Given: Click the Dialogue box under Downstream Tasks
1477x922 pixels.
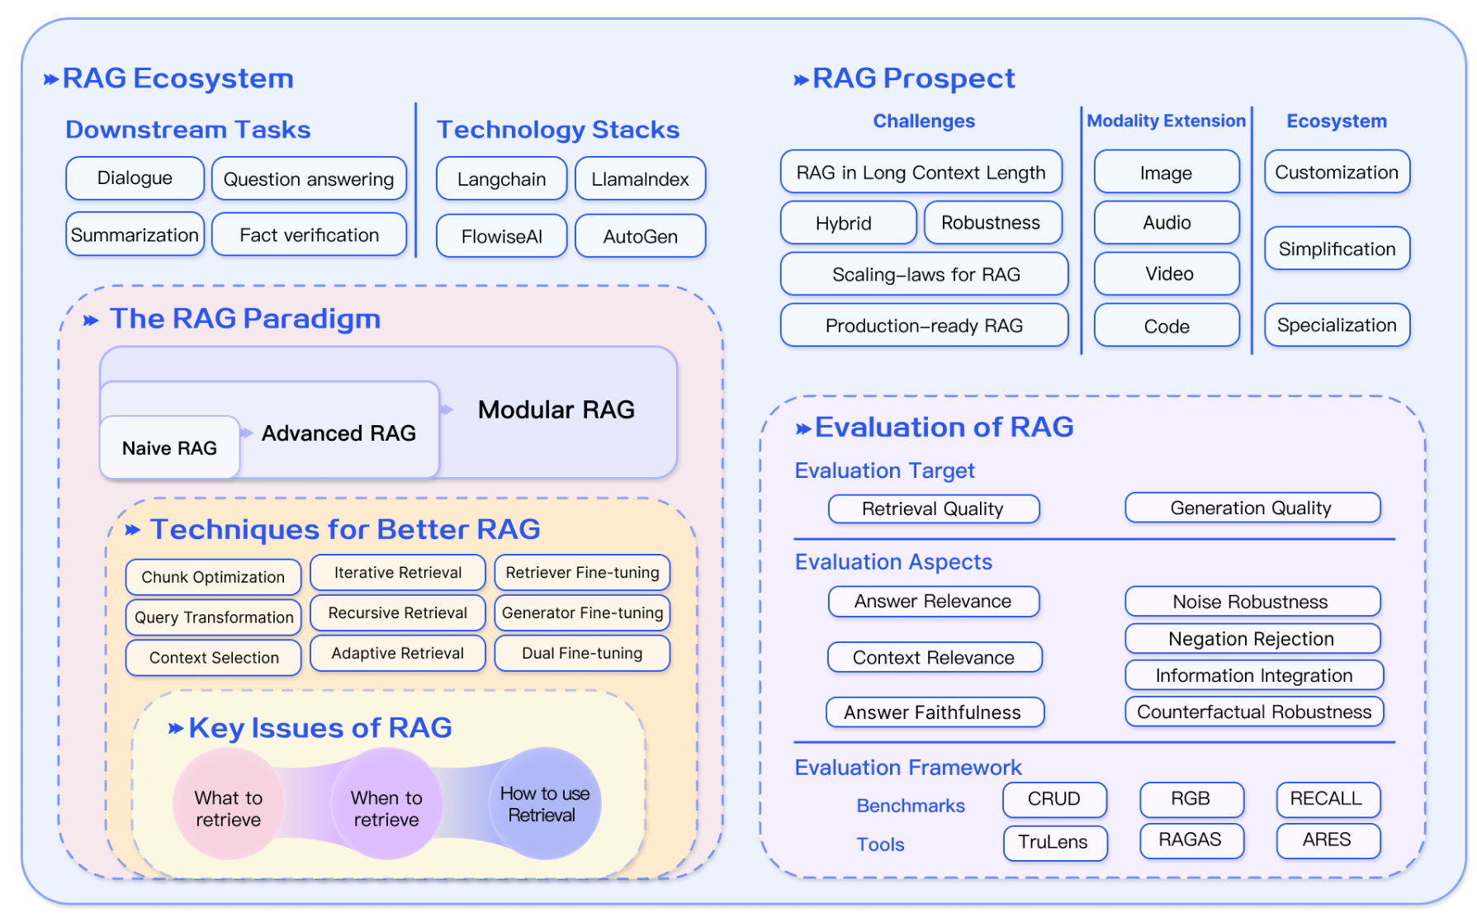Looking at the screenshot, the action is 135,178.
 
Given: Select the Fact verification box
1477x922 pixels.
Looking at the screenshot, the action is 310,235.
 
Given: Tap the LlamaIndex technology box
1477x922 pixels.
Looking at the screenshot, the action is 640,179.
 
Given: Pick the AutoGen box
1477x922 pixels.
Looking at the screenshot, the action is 640,237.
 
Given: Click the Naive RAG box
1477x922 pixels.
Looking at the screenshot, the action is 170,448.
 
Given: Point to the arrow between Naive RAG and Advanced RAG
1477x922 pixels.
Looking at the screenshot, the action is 247,433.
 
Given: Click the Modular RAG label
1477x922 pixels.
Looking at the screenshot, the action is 556,409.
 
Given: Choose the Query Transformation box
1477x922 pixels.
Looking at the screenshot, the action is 214,617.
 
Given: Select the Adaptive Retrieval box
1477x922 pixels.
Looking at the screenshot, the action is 398,654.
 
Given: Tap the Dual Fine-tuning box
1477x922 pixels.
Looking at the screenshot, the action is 582,654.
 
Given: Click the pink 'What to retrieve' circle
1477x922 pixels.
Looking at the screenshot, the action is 229,804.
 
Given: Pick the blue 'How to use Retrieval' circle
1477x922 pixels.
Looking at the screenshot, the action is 545,804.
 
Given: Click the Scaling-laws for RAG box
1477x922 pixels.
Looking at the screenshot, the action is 925,274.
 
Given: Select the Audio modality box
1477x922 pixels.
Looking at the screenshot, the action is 1167,223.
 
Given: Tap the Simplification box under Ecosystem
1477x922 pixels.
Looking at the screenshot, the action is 1337,249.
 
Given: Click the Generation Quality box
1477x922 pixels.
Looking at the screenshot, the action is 1252,508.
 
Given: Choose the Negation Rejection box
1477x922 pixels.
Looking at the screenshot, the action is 1252,639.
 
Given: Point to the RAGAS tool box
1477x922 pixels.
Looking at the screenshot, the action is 1191,841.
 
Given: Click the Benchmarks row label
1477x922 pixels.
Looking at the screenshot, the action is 911,806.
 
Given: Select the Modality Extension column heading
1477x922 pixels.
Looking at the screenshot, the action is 1166,121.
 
